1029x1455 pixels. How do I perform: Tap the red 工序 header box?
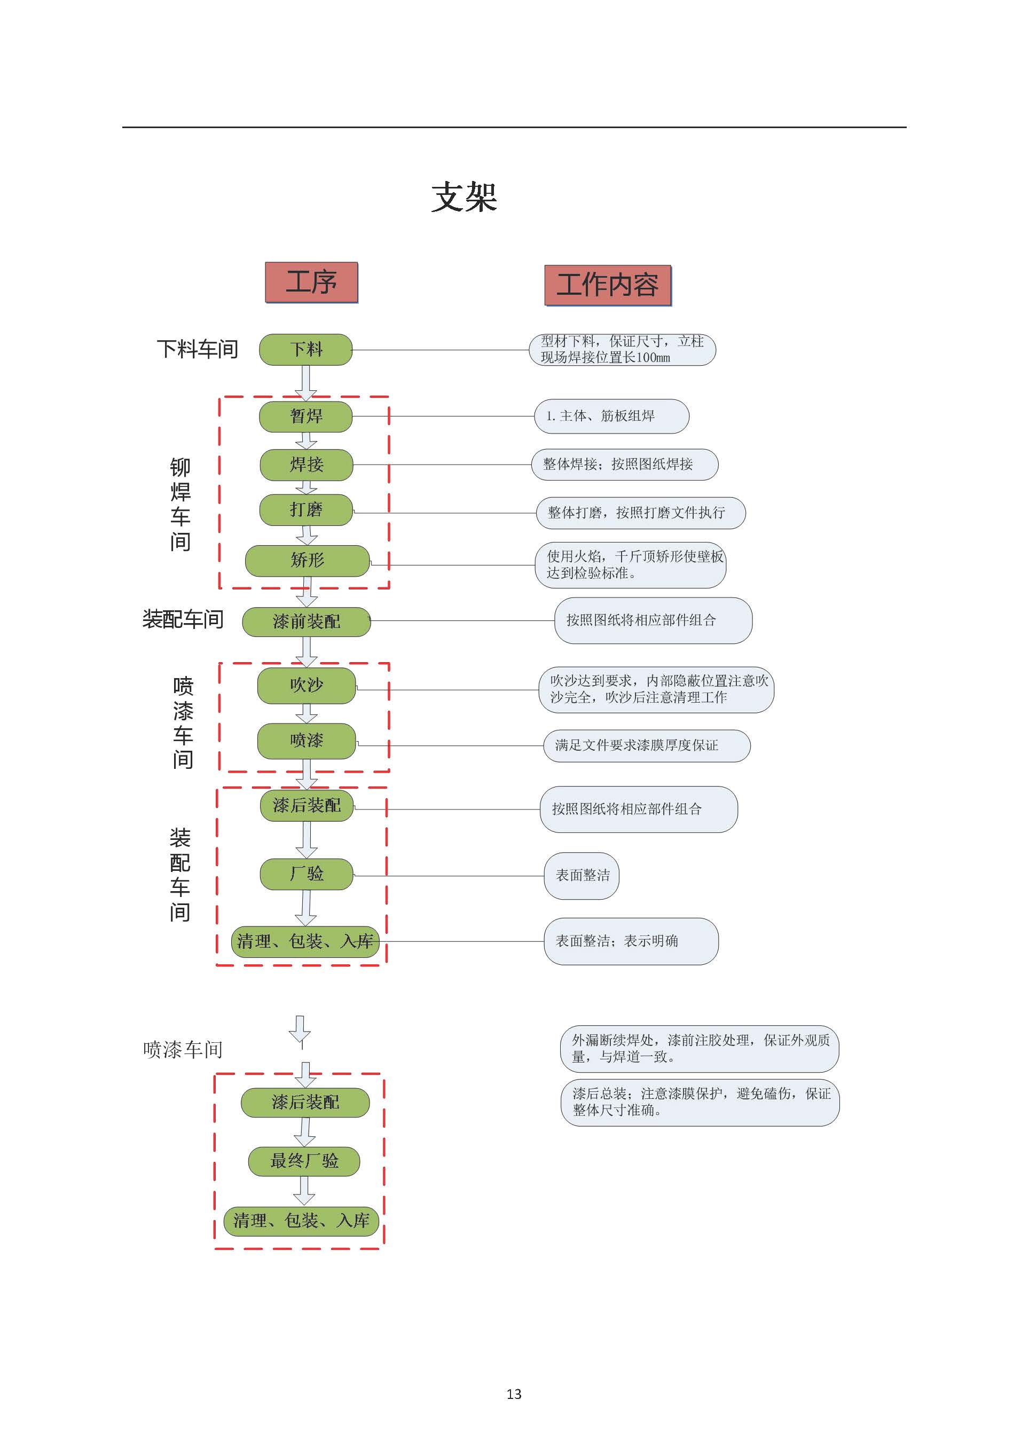311,282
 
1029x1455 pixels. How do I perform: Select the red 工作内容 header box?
608,285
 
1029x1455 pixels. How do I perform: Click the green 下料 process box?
306,350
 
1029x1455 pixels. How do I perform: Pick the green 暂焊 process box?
306,416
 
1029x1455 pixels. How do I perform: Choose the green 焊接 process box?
307,465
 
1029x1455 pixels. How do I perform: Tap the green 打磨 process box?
306,509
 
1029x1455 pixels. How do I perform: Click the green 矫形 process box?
307,561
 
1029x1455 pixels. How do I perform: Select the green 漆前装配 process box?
307,622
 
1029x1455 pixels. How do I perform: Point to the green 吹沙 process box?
307,685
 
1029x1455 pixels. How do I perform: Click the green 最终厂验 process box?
304,1161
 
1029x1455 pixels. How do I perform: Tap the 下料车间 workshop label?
198,349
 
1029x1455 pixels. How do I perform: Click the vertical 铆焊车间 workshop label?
180,505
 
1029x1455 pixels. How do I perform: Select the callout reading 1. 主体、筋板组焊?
611,416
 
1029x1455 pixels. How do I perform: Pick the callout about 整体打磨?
641,513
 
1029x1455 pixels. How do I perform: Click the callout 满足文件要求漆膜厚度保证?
647,745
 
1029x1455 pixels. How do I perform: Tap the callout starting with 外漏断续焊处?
700,1048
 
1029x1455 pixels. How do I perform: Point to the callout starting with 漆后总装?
700,1102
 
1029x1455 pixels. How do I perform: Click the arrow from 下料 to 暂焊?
306,383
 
